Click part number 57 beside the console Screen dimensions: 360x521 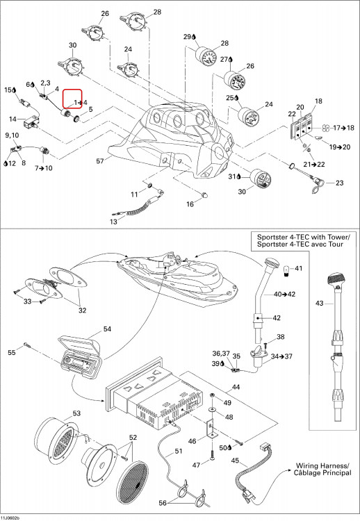coord(100,161)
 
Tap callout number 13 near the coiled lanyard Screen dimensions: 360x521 coord(114,222)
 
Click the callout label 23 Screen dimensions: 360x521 coord(339,183)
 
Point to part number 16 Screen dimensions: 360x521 coord(190,204)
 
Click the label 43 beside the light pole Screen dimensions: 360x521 coord(320,303)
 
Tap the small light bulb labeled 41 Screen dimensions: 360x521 coord(286,270)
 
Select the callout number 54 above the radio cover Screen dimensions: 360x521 coord(107,329)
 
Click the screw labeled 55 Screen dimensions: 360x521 coord(27,345)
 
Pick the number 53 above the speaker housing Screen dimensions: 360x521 coord(76,413)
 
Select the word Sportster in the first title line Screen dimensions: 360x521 coord(272,238)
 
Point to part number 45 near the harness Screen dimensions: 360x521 coord(235,461)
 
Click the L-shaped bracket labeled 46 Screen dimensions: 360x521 coord(211,429)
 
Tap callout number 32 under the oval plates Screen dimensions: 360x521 coord(83,311)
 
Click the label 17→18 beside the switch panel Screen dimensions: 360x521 coord(344,128)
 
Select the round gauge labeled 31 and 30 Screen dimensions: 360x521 coord(260,179)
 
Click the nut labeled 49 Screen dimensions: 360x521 coord(212,395)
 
